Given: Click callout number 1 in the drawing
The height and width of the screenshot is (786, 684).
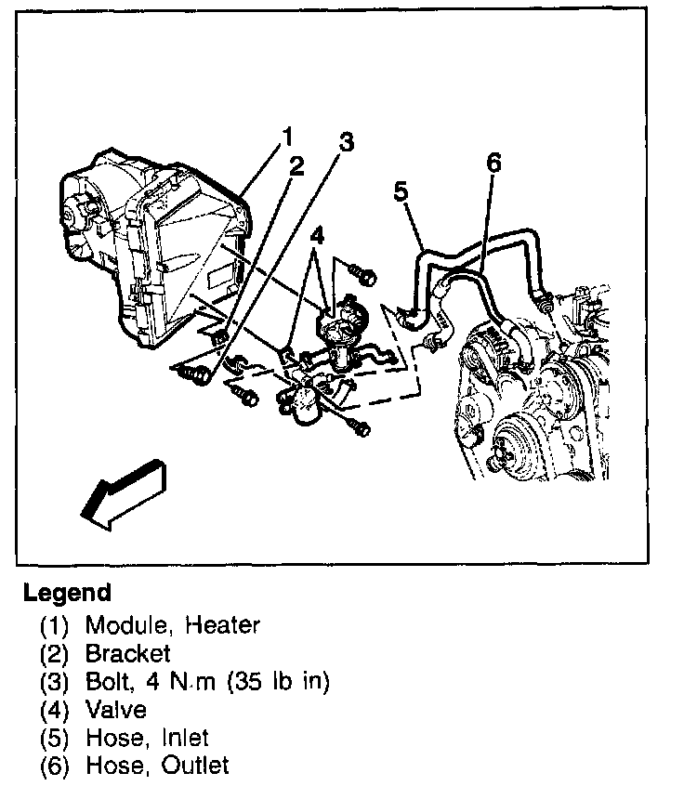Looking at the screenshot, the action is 287,138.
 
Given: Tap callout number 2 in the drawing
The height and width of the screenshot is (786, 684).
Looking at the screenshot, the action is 296,166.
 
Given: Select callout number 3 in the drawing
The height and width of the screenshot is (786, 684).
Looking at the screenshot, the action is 346,142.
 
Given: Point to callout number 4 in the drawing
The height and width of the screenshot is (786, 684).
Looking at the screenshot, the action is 317,236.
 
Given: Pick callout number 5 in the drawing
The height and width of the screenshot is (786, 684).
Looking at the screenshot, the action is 401,191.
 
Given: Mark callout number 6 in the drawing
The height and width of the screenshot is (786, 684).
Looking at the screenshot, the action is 493,164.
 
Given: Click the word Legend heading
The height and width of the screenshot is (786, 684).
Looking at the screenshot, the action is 67,593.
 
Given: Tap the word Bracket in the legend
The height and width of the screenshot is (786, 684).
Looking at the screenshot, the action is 128,653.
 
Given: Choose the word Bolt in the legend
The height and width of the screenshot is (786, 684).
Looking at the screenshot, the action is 110,682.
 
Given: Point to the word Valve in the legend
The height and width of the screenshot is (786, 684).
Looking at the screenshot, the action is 115,710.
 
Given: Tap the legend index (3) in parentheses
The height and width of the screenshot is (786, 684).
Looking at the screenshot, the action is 55,682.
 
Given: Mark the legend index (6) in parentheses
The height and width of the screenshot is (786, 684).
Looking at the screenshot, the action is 55,766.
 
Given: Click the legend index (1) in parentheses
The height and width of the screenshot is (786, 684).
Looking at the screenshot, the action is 55,625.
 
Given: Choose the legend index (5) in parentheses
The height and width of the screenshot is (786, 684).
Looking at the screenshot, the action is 55,739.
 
